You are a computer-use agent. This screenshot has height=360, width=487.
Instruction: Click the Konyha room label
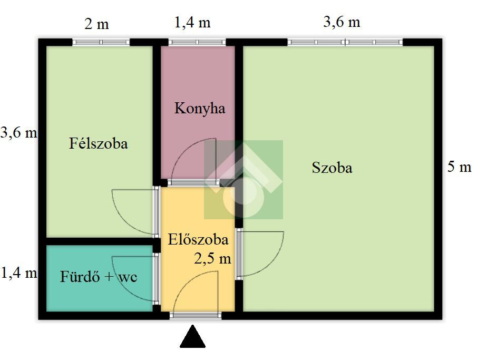pos(200,109)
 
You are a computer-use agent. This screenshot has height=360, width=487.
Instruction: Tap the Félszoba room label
pos(99,143)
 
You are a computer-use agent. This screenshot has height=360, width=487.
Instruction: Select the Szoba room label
pos(332,168)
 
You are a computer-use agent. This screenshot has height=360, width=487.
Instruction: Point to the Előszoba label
pos(198,239)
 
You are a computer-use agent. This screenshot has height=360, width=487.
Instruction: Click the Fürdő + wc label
pos(99,277)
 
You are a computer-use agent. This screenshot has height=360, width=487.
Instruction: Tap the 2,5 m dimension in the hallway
pos(212,258)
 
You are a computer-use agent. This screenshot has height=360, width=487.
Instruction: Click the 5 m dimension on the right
pos(459,168)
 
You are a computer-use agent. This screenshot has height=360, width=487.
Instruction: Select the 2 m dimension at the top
pos(97,24)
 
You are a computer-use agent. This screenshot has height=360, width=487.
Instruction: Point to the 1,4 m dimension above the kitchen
pos(192,23)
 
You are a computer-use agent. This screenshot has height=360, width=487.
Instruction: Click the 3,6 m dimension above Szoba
pos(342,22)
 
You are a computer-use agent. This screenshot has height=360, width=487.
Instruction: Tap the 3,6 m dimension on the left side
pos(19,133)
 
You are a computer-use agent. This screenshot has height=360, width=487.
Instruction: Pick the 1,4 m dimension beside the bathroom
pos(19,273)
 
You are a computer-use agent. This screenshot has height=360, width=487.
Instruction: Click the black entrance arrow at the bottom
pos(193,338)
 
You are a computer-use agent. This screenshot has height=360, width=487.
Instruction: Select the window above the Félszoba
pos(101,42)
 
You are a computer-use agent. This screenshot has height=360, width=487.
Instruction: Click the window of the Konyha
pos(197,42)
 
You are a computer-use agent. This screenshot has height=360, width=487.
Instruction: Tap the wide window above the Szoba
pos(345,42)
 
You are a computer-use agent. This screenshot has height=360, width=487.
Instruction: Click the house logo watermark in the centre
pos(244,179)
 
